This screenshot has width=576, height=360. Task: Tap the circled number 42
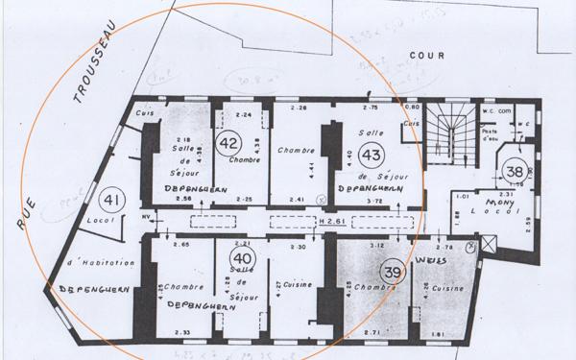[228, 144]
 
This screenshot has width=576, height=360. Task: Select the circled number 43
[371, 154]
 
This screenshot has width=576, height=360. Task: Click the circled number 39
[391, 272]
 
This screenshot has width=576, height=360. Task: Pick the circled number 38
[514, 170]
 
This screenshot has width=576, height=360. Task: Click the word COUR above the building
[426, 57]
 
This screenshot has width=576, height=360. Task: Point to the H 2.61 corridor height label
[333, 222]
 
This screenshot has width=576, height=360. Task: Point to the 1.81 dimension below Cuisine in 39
[437, 333]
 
